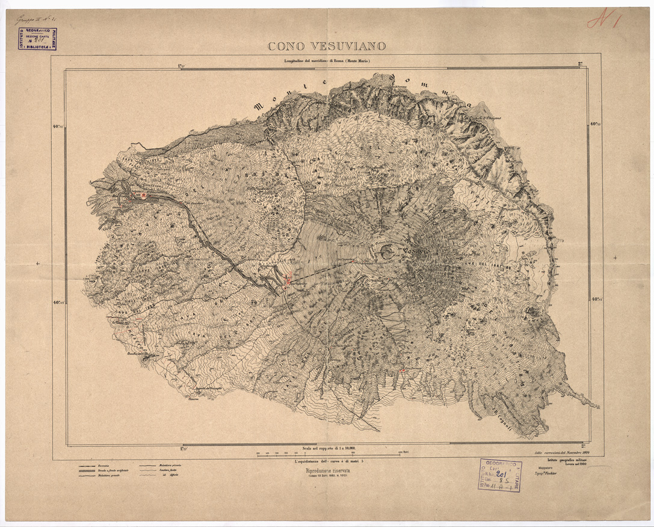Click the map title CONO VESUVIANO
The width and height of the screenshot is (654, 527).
pos(327,46)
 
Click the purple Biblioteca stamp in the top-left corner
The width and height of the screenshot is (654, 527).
pos(36,39)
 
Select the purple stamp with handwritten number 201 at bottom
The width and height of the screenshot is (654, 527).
pos(500,475)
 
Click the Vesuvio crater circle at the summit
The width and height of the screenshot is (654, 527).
pos(388,254)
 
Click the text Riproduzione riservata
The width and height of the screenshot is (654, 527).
pos(327,472)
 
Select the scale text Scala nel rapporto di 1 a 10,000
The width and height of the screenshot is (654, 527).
pos(327,448)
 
